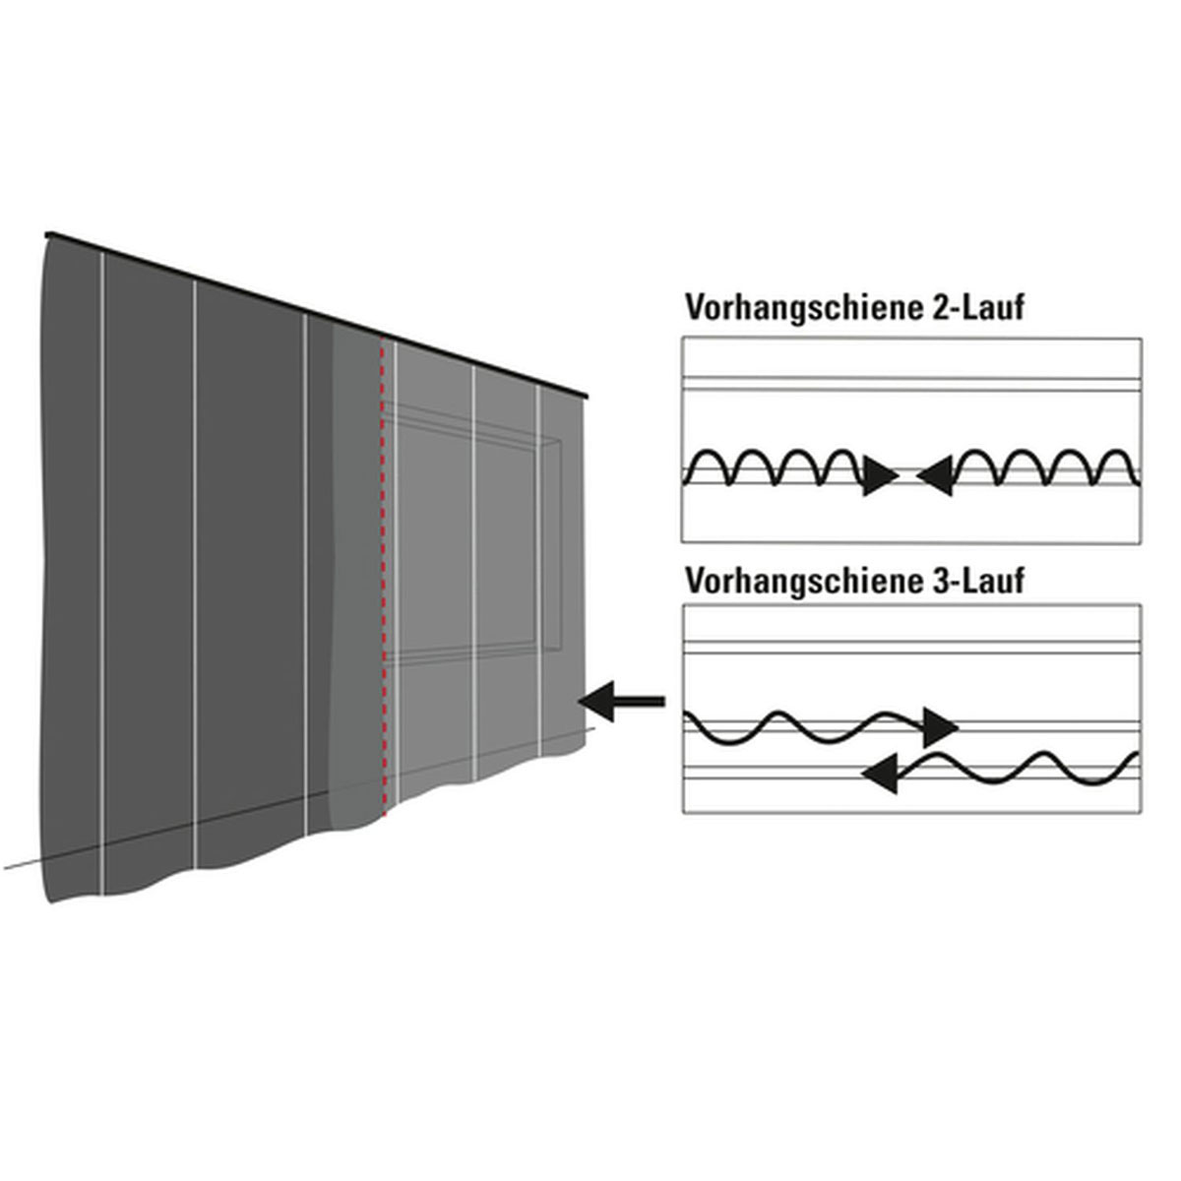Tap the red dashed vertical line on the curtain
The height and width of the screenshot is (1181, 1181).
tap(382, 590)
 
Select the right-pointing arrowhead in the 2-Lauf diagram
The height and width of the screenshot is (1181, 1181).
tap(879, 477)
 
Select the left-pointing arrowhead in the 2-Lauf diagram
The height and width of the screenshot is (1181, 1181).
tap(936, 477)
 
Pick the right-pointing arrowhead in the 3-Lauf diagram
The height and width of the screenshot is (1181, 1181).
tap(939, 728)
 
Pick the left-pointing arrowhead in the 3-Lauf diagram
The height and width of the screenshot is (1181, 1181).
tap(883, 774)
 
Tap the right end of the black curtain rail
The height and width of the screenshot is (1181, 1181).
tap(589, 397)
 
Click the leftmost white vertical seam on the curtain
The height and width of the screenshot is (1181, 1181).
tap(102, 571)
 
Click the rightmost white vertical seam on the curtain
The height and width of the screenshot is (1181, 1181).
tap(540, 571)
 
